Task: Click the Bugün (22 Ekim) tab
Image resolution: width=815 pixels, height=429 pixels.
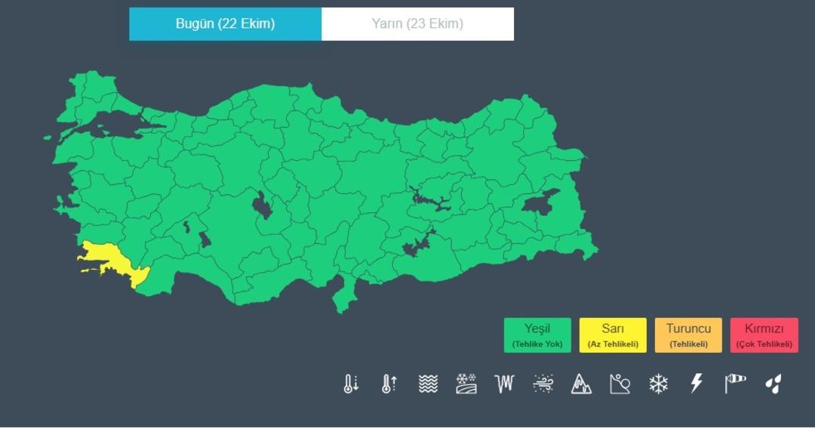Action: click(225, 23)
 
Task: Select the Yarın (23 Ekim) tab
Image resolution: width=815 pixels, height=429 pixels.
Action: click(417, 23)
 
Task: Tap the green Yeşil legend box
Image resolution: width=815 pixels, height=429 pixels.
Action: click(537, 335)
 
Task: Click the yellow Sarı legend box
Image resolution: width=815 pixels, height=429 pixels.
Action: click(613, 335)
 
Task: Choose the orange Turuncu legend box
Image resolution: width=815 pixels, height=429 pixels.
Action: click(688, 335)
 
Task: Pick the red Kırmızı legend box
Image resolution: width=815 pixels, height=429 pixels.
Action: click(764, 335)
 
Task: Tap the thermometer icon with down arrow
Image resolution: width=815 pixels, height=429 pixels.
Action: click(350, 384)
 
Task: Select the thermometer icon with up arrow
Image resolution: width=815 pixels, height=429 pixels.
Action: click(389, 384)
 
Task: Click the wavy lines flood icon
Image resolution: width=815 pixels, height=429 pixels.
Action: click(428, 384)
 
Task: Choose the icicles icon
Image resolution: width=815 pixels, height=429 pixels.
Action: click(504, 384)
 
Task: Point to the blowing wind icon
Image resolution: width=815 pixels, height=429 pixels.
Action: click(543, 384)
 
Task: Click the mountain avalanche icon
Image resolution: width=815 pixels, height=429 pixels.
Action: click(581, 384)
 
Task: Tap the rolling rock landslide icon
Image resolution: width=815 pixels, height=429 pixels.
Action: click(620, 384)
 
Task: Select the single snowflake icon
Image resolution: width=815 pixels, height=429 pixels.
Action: click(659, 384)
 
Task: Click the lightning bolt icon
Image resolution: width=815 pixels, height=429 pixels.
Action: click(697, 384)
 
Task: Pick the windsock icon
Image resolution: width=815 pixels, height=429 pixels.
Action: click(735, 384)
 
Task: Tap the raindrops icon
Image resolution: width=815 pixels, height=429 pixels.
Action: click(773, 384)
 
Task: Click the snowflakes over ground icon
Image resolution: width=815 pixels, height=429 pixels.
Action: click(466, 384)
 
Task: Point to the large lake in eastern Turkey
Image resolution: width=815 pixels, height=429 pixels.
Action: click(540, 202)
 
